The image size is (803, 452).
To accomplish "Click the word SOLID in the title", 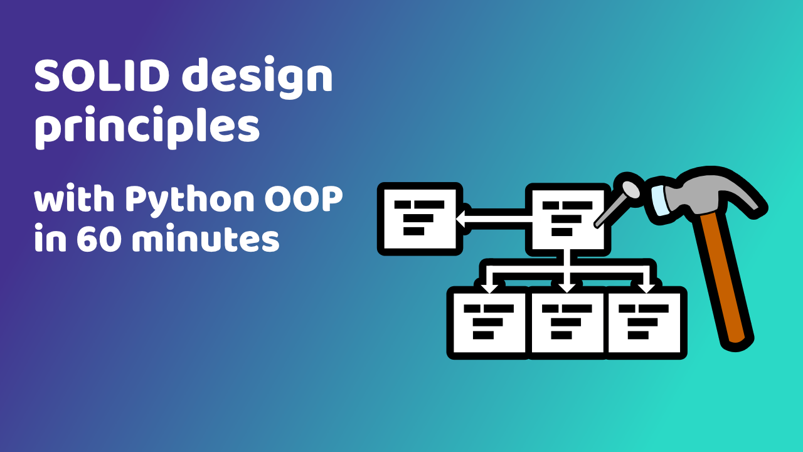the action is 102,77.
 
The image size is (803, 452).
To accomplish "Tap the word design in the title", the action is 257,77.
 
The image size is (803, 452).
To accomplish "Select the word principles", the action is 147,127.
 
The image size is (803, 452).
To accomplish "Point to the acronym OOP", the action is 304,199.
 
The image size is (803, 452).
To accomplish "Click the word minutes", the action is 206,239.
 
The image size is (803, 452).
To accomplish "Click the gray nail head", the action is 630,190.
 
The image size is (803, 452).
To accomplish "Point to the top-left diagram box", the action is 420,219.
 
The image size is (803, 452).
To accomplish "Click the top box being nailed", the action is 568,220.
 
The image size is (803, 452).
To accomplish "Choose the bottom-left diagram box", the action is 489,323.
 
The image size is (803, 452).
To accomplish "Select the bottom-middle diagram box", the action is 567,323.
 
